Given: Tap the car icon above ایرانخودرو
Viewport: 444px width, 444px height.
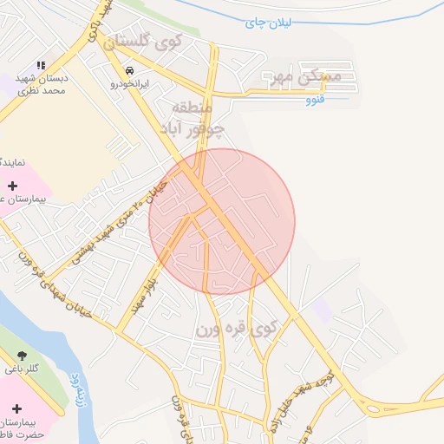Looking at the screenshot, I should (129, 71).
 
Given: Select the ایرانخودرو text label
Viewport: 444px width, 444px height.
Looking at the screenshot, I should (129, 84).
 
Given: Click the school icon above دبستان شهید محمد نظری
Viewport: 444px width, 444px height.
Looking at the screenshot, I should (40, 65).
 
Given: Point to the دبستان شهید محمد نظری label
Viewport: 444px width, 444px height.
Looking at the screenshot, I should (46, 84).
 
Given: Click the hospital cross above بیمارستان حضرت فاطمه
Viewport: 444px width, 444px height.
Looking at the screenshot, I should (16, 408).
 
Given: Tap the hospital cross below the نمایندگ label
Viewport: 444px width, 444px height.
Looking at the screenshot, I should (12, 186).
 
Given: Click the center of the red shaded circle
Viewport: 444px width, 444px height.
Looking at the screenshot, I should (222, 222).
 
